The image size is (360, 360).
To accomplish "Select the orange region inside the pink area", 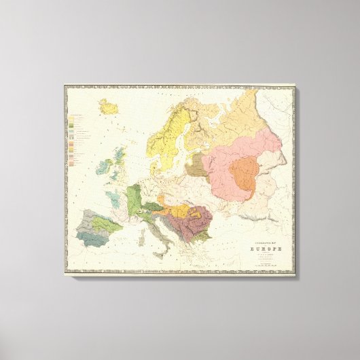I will (x=242, y=173).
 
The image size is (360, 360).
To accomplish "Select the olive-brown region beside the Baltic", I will (x=195, y=165).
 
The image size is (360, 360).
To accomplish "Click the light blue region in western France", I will (x=119, y=197).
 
